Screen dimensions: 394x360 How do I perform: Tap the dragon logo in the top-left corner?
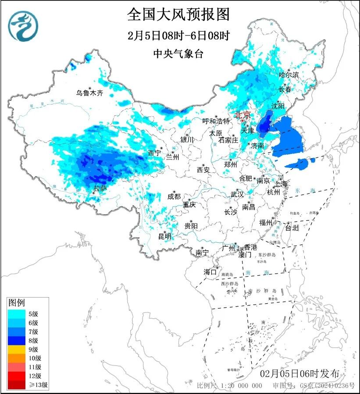click(23, 26)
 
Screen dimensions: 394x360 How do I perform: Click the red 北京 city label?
click(243, 115)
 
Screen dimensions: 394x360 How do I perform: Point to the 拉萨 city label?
click(100, 188)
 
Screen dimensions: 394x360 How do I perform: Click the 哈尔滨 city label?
click(289, 75)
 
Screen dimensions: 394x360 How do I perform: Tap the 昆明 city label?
click(165, 236)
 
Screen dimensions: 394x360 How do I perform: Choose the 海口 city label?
click(210, 272)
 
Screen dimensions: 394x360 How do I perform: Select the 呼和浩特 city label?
click(216, 121)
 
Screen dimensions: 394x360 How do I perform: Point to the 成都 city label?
click(174, 196)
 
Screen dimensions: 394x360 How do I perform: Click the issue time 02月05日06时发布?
click(299, 374)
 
